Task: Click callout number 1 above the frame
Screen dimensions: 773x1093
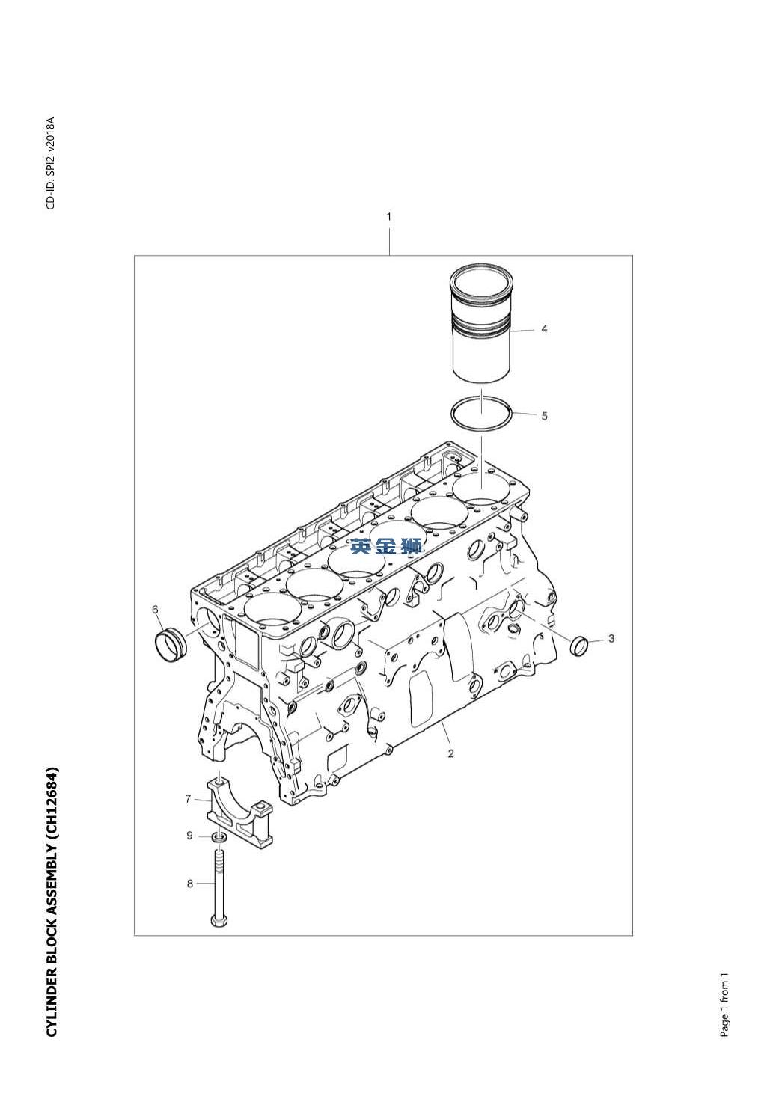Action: coord(389,217)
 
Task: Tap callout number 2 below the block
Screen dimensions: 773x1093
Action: coord(450,753)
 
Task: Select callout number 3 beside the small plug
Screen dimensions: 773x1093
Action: coord(611,638)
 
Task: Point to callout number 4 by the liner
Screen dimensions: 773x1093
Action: coord(544,329)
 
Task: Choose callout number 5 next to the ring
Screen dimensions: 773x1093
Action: coord(544,416)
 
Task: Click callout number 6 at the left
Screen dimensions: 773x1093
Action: coord(155,610)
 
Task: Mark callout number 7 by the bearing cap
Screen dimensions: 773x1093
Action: coord(188,799)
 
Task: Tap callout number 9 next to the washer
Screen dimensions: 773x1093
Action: coord(190,836)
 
